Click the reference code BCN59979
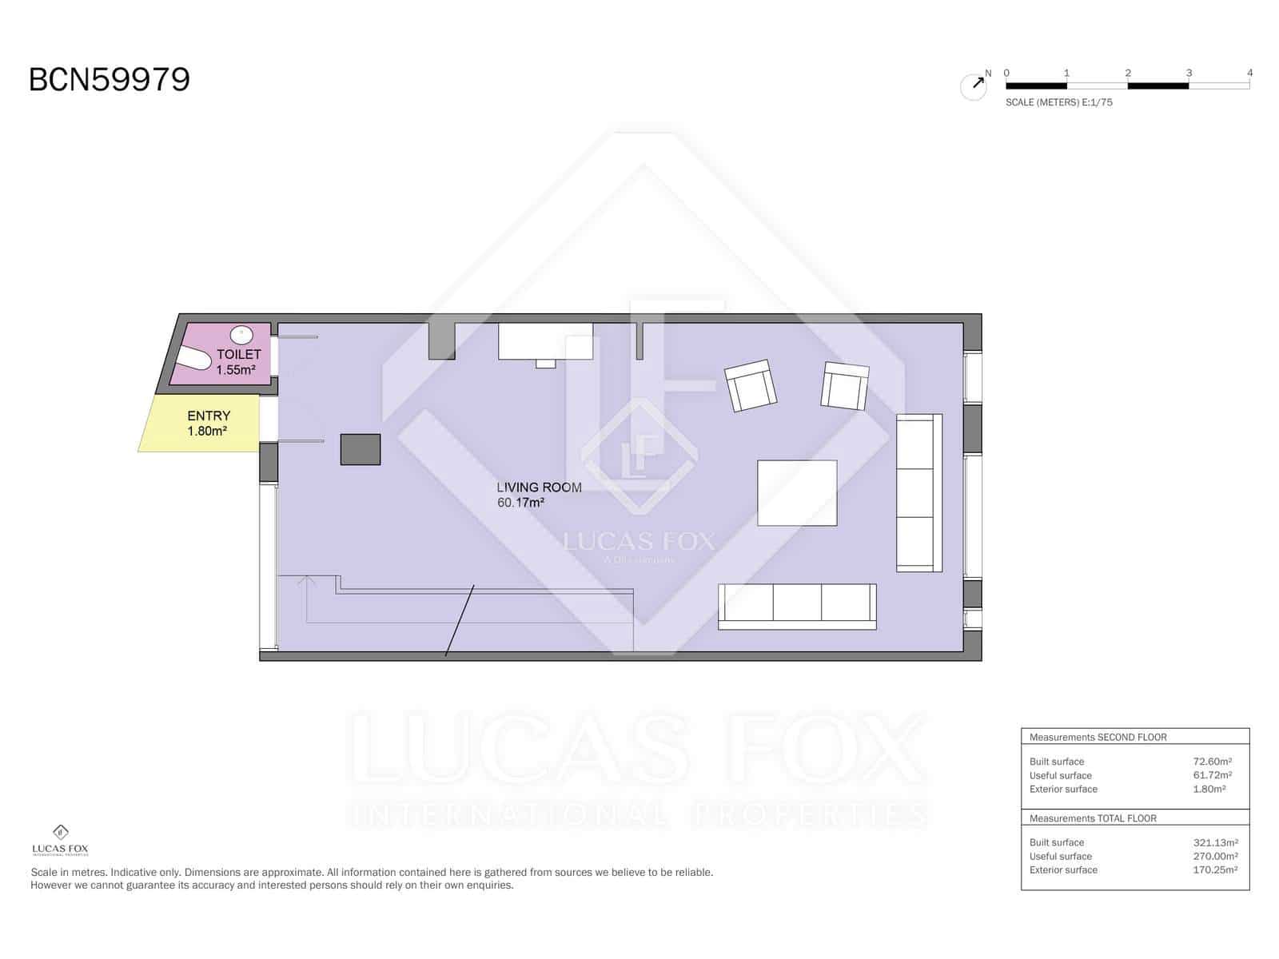point(110,80)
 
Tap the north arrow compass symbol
point(974,86)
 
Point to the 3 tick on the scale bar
point(1189,74)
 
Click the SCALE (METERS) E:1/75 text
point(1058,102)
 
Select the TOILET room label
point(238,354)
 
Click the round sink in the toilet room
point(241,334)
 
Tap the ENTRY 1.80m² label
point(208,423)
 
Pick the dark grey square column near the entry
point(361,449)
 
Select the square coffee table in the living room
point(797,492)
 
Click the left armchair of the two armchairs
point(750,385)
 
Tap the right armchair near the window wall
point(845,386)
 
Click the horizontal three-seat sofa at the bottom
point(797,607)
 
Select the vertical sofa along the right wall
point(918,492)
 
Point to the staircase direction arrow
point(306,582)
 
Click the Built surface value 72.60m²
point(1212,762)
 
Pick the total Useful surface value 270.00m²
point(1214,856)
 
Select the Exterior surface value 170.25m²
point(1214,869)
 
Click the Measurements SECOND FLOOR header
point(1098,737)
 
